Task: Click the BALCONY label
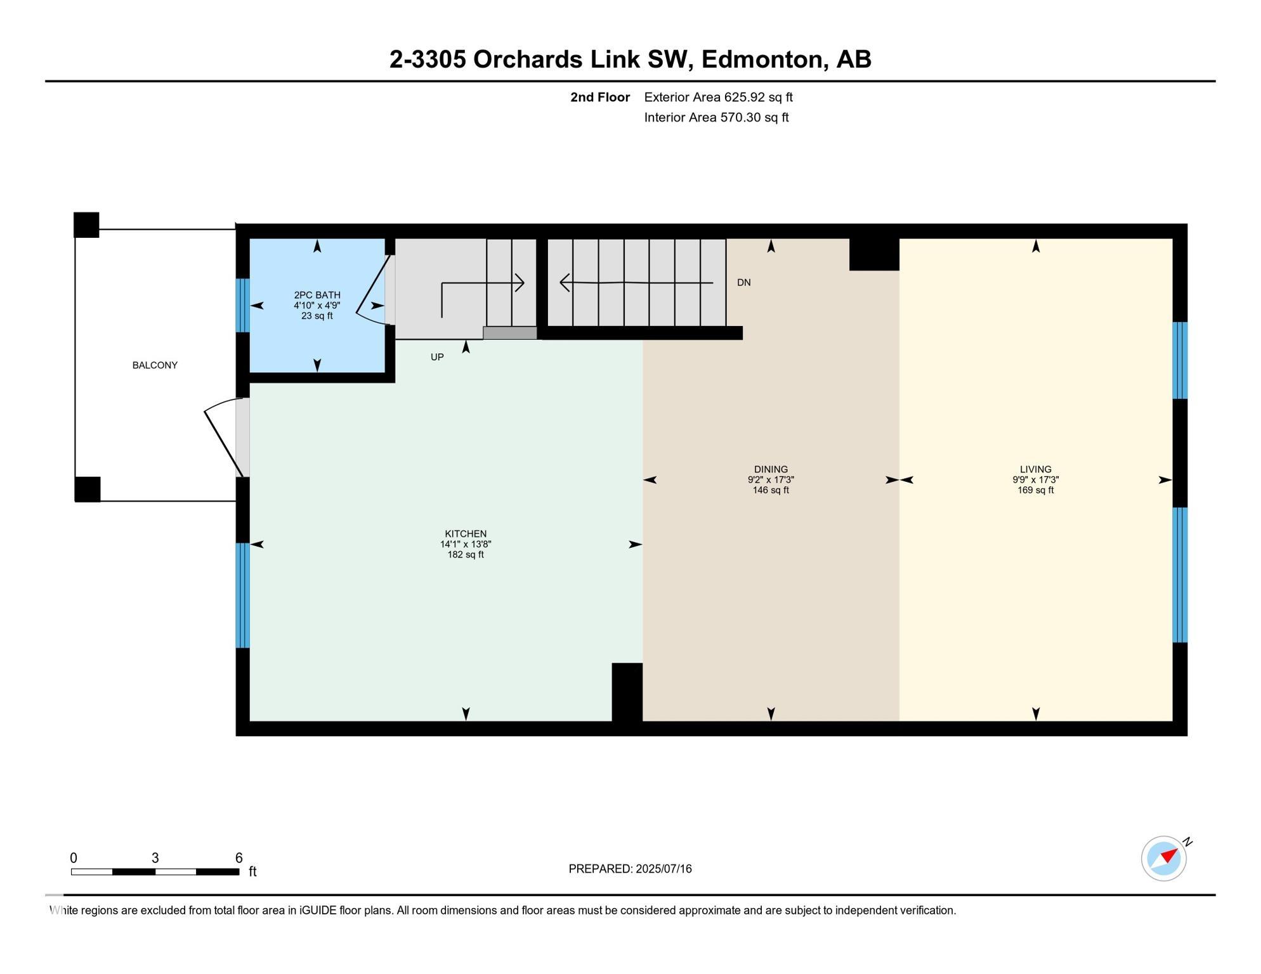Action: pyautogui.click(x=155, y=365)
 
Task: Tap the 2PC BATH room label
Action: pyautogui.click(x=317, y=295)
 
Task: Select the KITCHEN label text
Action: pyautogui.click(x=466, y=534)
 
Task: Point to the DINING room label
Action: pyautogui.click(x=771, y=470)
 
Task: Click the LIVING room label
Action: pyautogui.click(x=1036, y=470)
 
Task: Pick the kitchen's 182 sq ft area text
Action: pyautogui.click(x=466, y=555)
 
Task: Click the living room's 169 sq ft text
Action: pyautogui.click(x=1036, y=490)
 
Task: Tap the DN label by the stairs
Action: pyautogui.click(x=744, y=283)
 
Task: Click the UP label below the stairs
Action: pyautogui.click(x=437, y=357)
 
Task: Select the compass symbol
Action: pyautogui.click(x=1164, y=859)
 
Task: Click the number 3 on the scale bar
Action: pyautogui.click(x=155, y=858)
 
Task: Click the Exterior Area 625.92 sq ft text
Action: pyautogui.click(x=718, y=97)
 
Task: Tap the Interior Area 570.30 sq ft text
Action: pyautogui.click(x=716, y=117)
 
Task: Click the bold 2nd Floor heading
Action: pyautogui.click(x=600, y=97)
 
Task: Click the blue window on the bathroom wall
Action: pyautogui.click(x=242, y=306)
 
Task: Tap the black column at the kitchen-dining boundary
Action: pyautogui.click(x=627, y=692)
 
